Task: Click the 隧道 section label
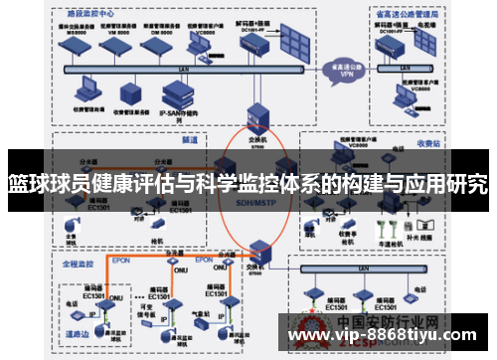pos(190,141)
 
